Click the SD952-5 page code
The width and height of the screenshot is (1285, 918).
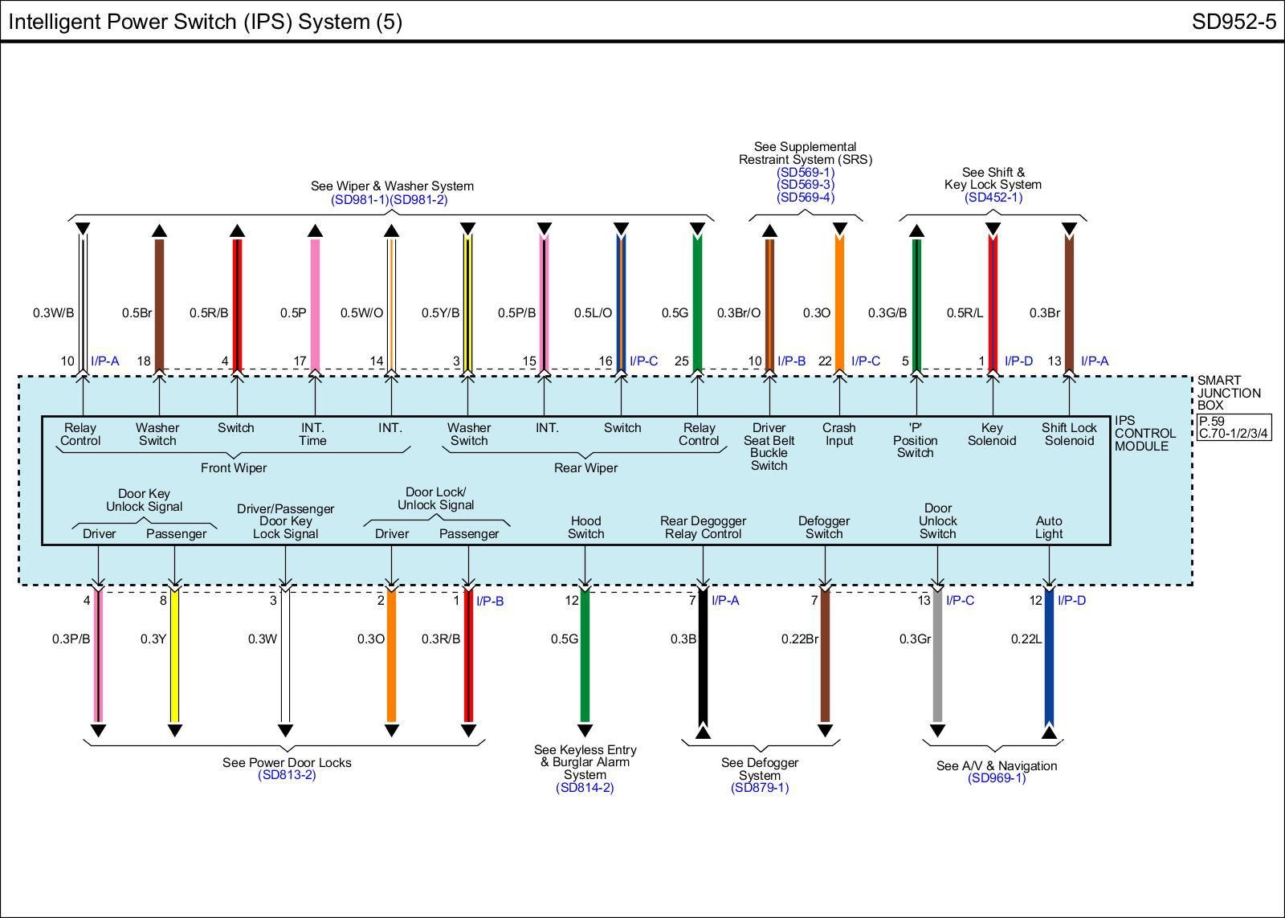[x=1233, y=22]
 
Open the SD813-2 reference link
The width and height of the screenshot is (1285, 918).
[x=287, y=775]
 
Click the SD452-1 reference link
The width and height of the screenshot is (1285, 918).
[x=993, y=197]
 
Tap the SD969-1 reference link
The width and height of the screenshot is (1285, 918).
[x=997, y=778]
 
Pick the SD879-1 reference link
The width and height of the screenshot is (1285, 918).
[x=760, y=788]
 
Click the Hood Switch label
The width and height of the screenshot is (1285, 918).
[x=585, y=528]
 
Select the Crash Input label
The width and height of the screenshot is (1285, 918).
[x=839, y=435]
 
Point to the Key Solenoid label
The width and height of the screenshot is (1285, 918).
[x=992, y=435]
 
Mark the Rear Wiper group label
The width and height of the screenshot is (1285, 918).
[x=585, y=468]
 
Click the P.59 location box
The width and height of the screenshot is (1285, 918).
[x=1212, y=421]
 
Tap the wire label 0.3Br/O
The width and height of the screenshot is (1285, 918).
[x=738, y=313]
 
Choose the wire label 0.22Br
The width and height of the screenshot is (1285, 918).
[x=799, y=639]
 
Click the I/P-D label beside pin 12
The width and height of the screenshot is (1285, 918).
[x=1071, y=601]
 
